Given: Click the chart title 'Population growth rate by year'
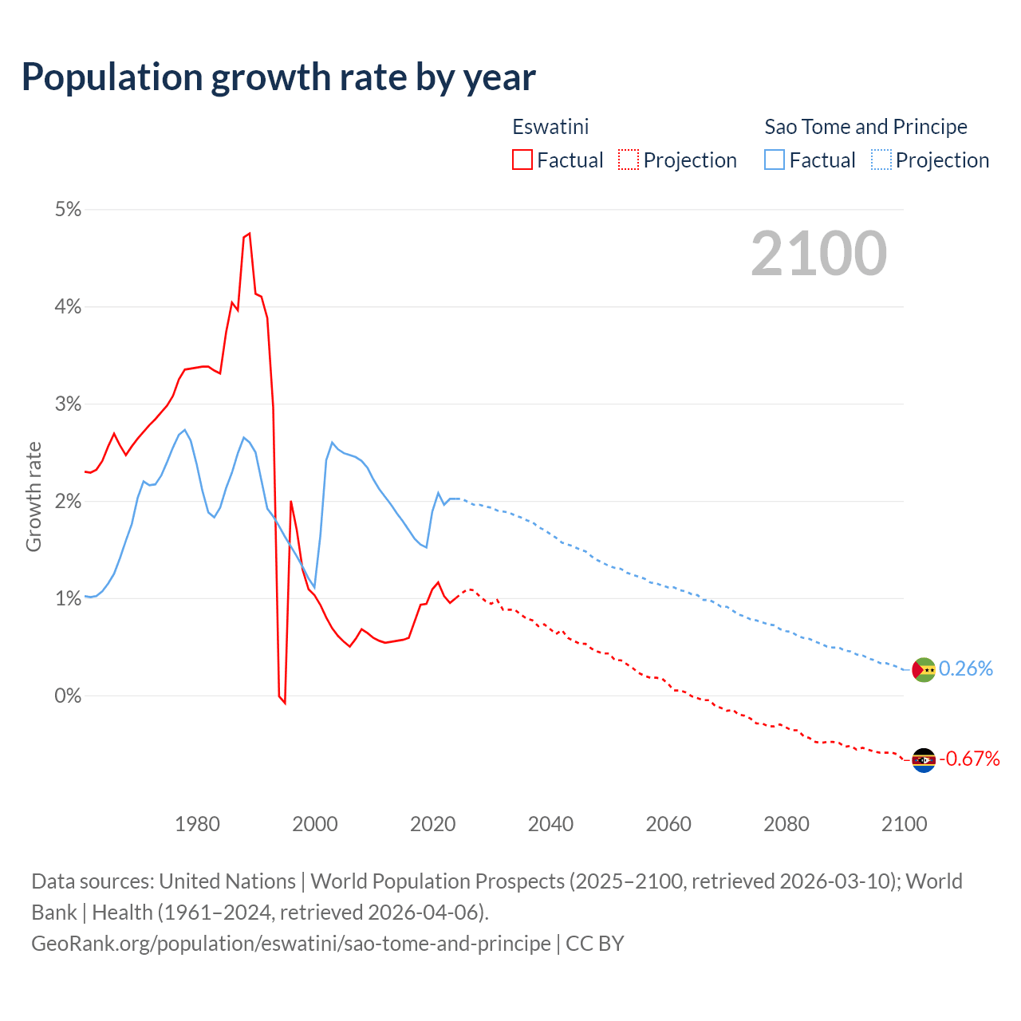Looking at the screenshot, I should coord(278,77).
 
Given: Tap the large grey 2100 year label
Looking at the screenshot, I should coord(818,254).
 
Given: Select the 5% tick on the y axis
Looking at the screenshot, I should coord(69,210).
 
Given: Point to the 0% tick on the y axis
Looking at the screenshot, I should coord(69,696).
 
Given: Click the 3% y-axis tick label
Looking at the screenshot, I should coord(69,404).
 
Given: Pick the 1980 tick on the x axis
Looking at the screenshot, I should coord(197,824).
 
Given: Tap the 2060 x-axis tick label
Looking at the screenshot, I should coord(668,824).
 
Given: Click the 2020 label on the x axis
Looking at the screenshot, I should coord(432,824).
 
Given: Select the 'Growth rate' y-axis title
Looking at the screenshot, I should coord(34,496).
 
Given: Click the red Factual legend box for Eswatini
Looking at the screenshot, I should coord(522,160).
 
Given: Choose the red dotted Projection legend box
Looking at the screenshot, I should coord(629,160).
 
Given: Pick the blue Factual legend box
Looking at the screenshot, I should coord(775,160).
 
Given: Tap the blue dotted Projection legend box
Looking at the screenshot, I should coord(881,160).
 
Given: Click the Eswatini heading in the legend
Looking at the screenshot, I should coord(550,127).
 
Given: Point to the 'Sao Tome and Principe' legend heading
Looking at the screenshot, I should coord(865,127).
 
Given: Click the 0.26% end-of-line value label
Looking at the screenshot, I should coord(966,668).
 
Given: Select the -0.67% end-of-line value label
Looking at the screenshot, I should coord(969,759).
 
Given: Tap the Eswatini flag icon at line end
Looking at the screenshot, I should coord(924,760).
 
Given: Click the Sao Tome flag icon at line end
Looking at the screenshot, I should coord(924,670).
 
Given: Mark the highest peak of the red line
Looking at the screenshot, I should coord(250,234).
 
